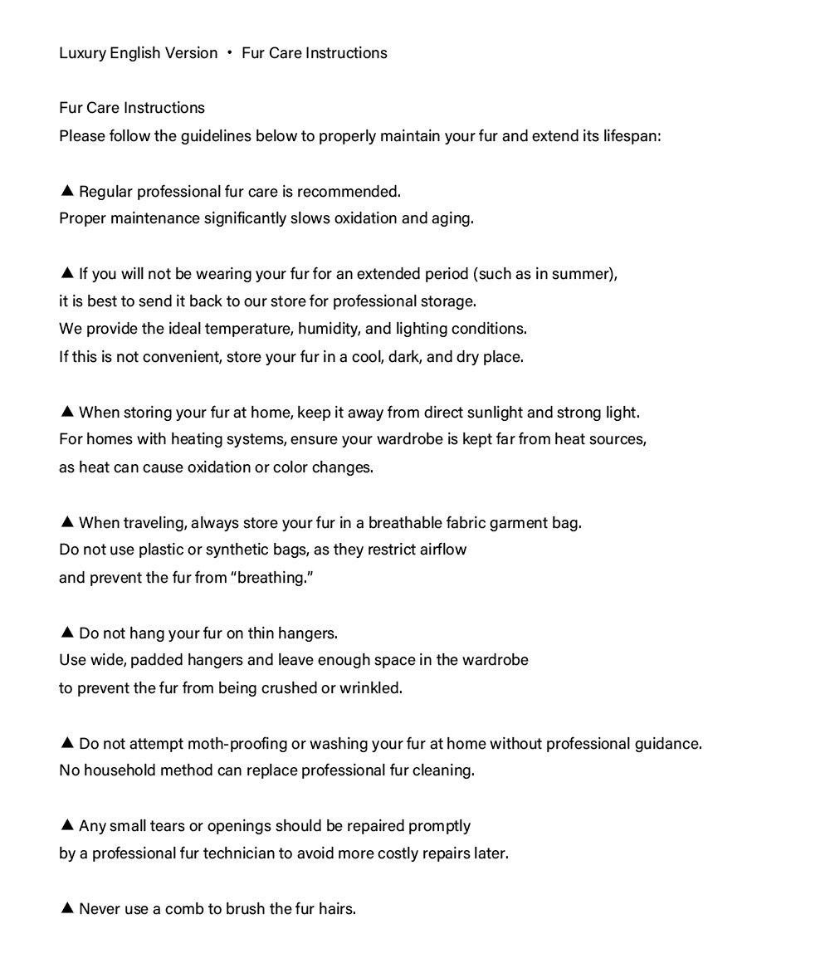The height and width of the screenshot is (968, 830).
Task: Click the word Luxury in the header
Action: click(82, 53)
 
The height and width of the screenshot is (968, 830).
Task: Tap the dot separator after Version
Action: click(228, 53)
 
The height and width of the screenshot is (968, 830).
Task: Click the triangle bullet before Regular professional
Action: click(67, 191)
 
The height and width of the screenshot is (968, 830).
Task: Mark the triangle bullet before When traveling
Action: click(67, 522)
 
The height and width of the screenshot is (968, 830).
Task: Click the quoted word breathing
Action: click(271, 578)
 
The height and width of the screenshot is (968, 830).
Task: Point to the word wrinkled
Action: click(370, 688)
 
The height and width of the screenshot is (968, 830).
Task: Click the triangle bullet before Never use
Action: click(67, 908)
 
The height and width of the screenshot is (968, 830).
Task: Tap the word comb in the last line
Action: click(183, 909)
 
